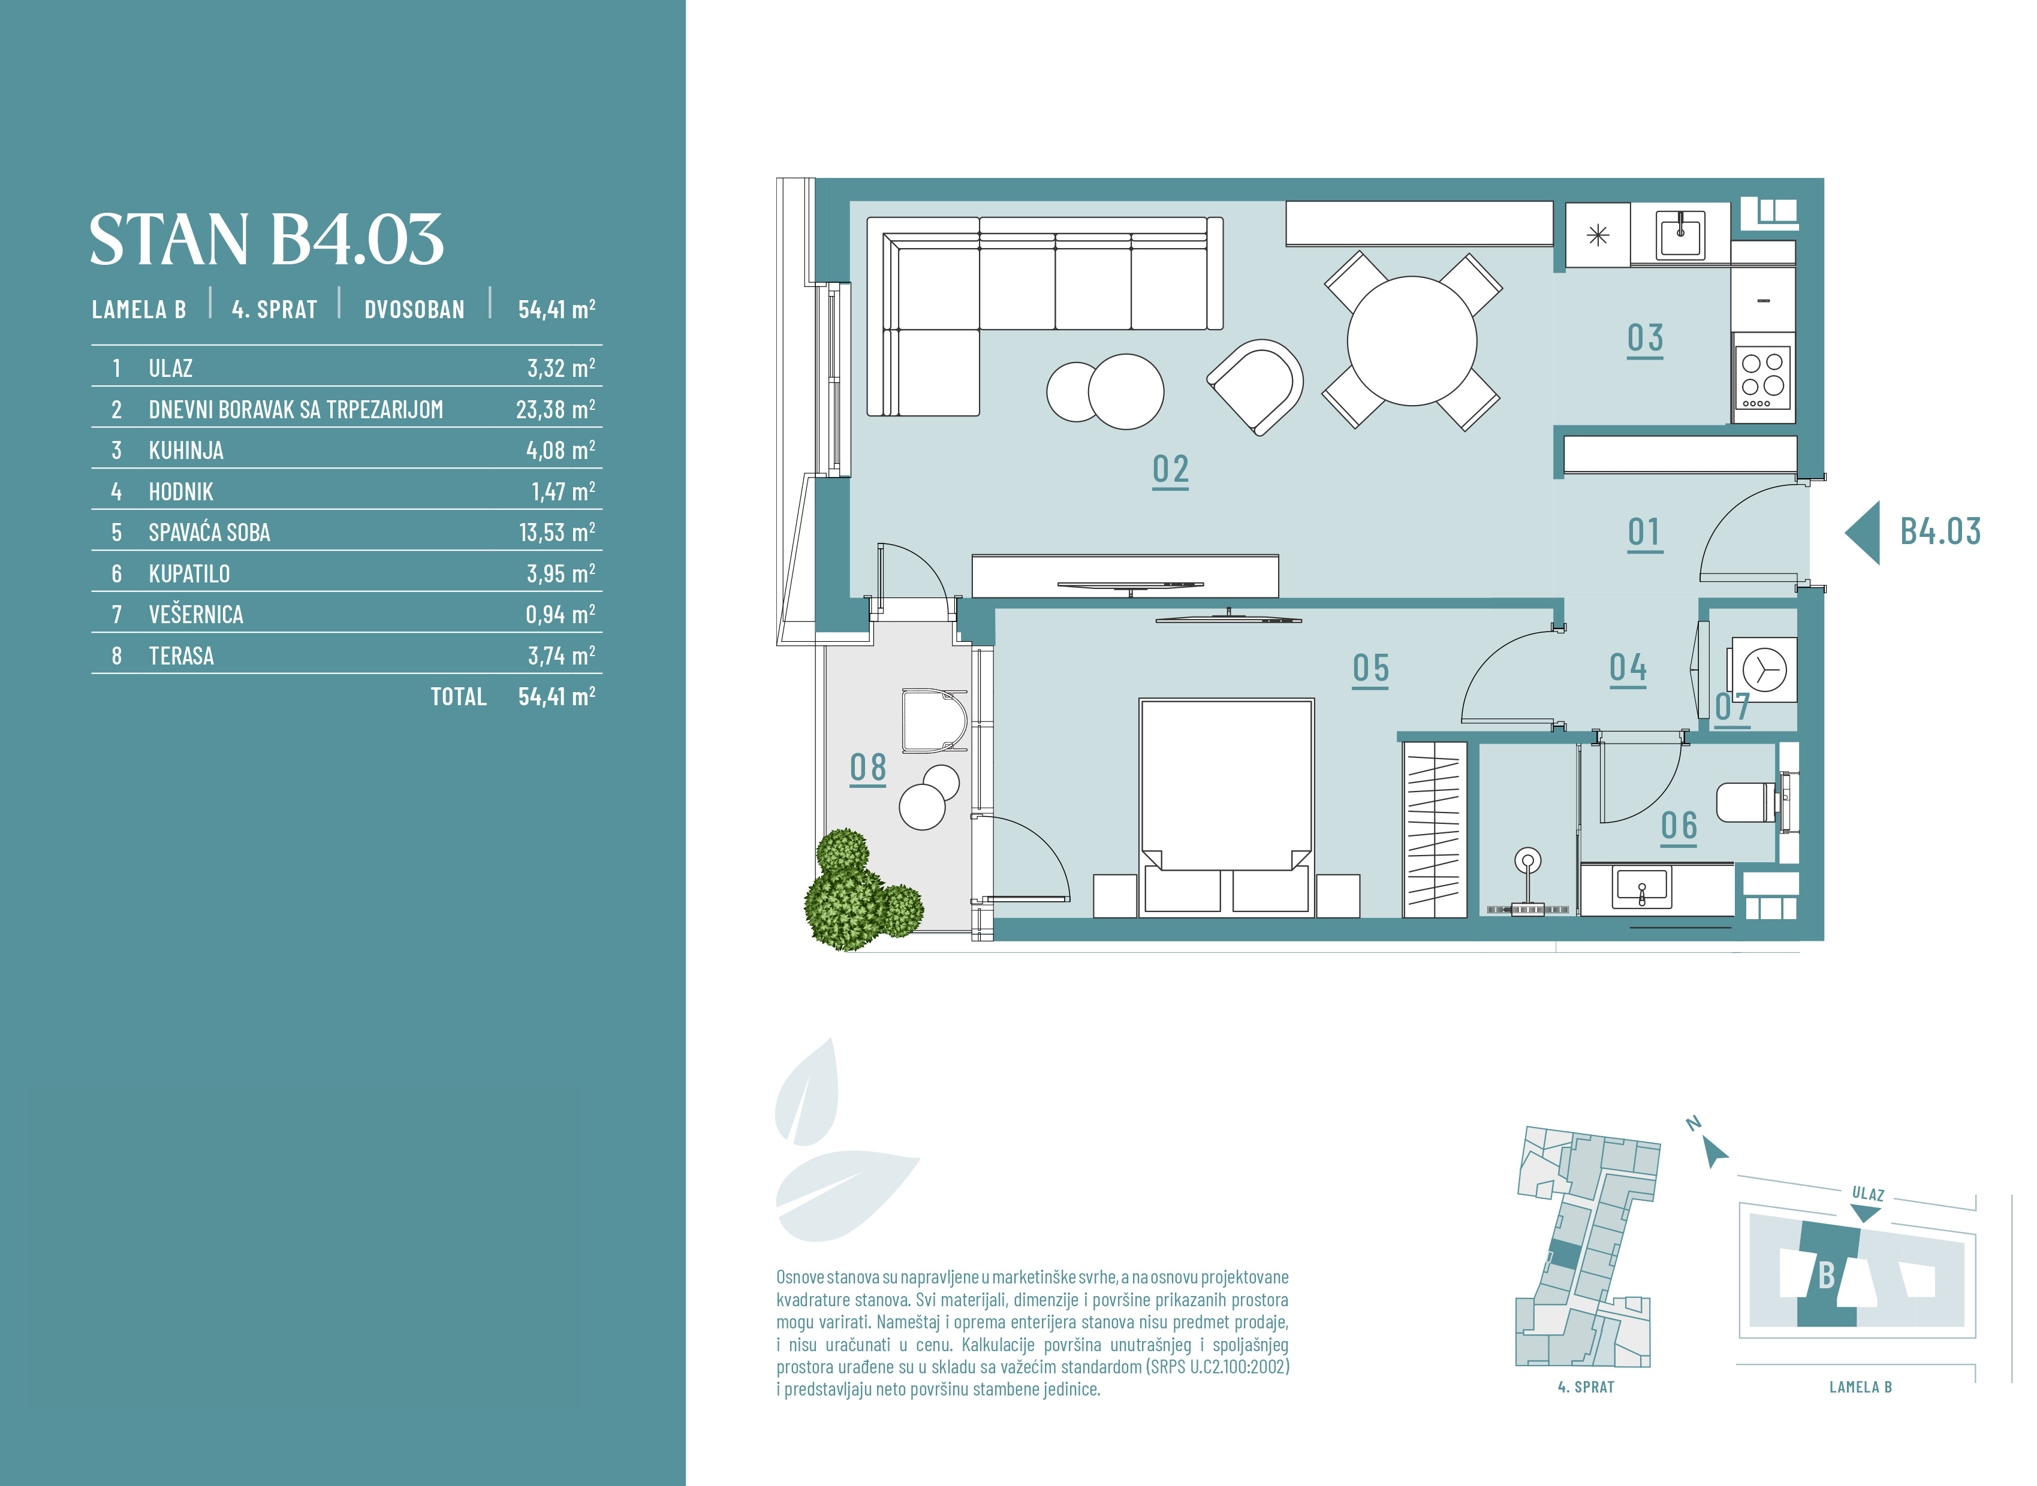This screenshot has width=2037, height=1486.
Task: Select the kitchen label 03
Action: pyautogui.click(x=1645, y=339)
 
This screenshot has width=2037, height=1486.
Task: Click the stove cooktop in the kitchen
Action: pyautogui.click(x=1762, y=379)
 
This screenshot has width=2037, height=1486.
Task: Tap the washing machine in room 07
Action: pyautogui.click(x=1762, y=670)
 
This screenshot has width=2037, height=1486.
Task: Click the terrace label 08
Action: pyautogui.click(x=867, y=768)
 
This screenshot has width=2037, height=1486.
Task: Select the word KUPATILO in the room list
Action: pyautogui.click(x=189, y=574)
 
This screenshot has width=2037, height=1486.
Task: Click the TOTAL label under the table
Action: pyautogui.click(x=458, y=697)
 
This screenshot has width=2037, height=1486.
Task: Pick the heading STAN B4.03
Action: pyautogui.click(x=266, y=239)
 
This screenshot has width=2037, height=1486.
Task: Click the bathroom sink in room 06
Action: pyautogui.click(x=1642, y=888)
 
